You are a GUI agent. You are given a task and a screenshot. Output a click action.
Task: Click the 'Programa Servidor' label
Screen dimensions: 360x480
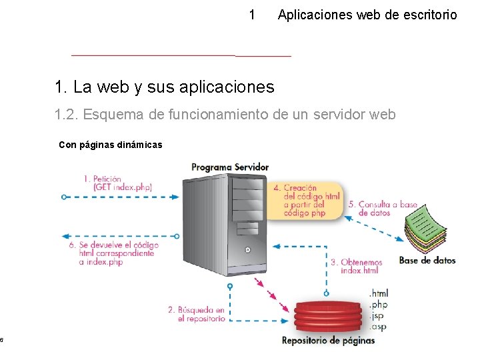pos(230,167)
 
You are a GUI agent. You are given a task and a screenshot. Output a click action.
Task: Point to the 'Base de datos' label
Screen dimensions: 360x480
pos(427,260)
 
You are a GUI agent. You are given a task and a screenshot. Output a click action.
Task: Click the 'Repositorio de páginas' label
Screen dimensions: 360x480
pos(328,341)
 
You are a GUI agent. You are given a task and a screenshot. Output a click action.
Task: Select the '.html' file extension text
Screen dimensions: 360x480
pos(378,293)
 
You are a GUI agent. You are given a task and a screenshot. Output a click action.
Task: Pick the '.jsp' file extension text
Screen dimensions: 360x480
pos(377,316)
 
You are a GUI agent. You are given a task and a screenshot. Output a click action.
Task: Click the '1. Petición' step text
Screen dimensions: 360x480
pos(103,179)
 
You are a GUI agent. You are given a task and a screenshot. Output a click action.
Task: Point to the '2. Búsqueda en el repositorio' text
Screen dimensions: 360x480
pos(196,314)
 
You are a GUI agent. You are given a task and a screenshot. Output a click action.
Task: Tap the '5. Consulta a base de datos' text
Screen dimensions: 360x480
pos(387,209)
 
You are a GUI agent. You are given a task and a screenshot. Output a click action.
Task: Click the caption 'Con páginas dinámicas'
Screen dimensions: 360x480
pos(111,145)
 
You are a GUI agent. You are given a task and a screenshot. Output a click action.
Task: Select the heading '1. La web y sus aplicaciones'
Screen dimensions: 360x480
pos(165,87)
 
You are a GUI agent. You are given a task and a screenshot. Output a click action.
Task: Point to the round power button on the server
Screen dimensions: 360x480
pos(247,251)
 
